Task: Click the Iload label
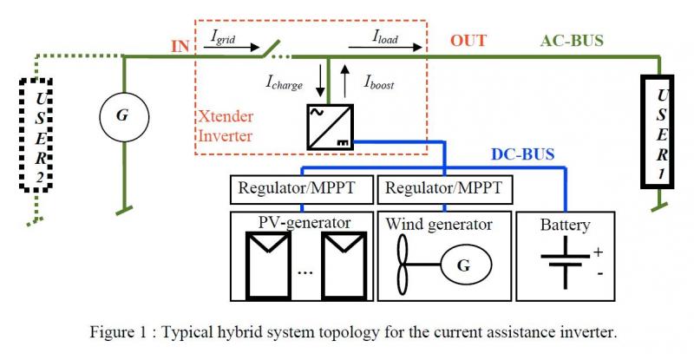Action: (386, 36)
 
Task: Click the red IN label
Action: (180, 45)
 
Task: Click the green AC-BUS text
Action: (572, 41)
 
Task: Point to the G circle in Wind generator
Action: (463, 265)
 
